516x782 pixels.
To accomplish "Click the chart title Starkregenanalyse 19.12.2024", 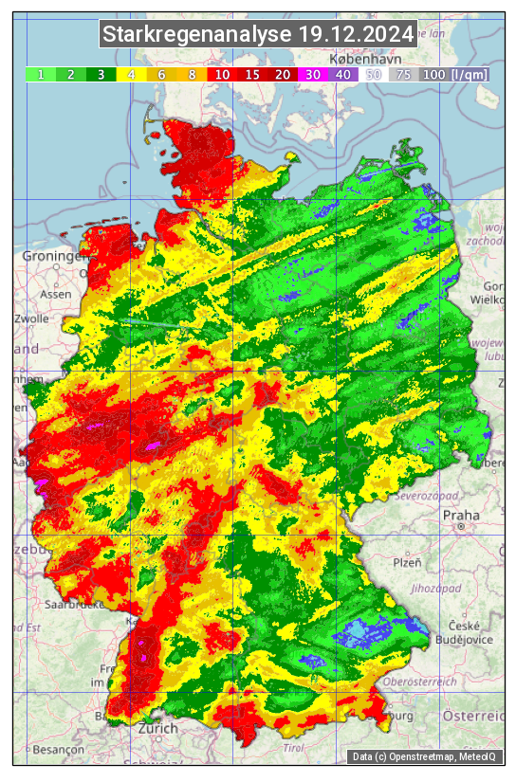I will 258,35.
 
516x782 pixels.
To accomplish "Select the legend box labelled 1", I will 41,74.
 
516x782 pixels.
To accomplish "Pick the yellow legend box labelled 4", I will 131,74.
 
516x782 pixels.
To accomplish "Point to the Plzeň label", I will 407,562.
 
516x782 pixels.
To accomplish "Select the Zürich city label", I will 157,728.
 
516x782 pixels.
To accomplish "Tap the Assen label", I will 56,294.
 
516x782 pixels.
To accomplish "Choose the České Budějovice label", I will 469,632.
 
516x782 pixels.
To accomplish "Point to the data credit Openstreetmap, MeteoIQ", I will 429,756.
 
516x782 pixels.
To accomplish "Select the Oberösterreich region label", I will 420,681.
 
